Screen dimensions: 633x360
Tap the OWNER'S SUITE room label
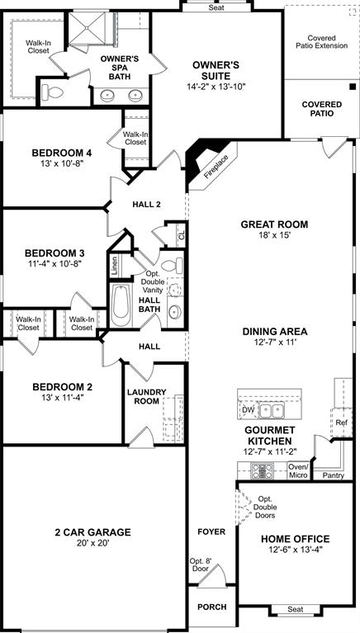pos(216,65)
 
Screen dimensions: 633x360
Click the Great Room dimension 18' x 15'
pos(274,235)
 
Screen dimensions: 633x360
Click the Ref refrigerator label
pos(342,422)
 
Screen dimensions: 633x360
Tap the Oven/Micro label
pos(298,471)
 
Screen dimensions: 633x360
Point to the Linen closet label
pos(115,266)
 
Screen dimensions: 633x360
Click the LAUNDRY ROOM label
pos(146,396)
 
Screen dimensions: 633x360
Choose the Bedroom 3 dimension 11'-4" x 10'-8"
pos(54,265)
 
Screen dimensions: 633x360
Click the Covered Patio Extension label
pos(323,43)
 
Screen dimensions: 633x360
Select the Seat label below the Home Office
pos(294,609)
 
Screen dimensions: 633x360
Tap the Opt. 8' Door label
pos(201,565)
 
